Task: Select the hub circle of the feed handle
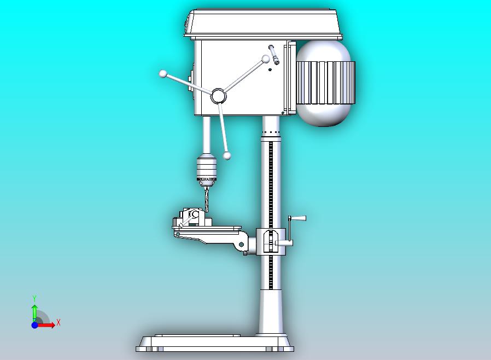[x=218, y=96]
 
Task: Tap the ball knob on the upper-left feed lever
[x=162, y=73]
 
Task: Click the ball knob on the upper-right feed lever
[x=266, y=59]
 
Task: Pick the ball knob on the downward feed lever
[x=227, y=156]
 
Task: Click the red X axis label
[x=59, y=322]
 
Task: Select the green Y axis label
[x=34, y=298]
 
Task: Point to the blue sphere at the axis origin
[x=34, y=325]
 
